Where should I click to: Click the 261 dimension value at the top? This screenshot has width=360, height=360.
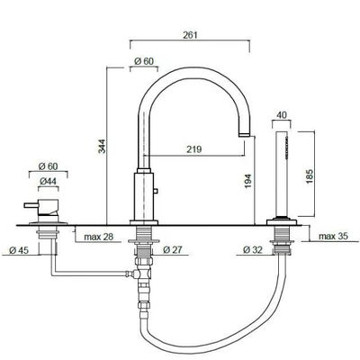(x=190, y=35)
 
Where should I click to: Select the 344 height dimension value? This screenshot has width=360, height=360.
(x=103, y=146)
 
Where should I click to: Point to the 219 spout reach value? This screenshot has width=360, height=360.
(x=193, y=149)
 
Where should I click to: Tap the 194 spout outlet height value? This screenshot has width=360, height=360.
(x=247, y=181)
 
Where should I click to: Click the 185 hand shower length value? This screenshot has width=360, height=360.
(x=310, y=176)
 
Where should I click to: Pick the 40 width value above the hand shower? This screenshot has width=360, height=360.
(x=282, y=115)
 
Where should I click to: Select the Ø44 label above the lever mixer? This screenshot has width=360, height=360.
(x=48, y=181)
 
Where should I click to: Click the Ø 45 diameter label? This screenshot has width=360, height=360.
(x=19, y=250)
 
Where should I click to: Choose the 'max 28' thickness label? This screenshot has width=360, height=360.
(x=99, y=237)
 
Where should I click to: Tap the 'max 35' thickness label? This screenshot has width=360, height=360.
(x=333, y=236)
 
